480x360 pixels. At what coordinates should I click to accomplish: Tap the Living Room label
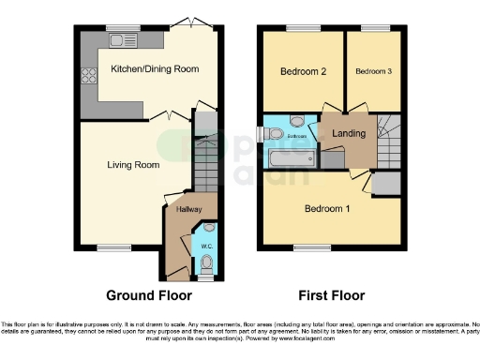pyautogui.click(x=132, y=165)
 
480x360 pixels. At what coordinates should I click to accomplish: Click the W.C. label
pyautogui.click(x=207, y=246)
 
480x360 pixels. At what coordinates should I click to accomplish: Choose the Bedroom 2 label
pyautogui.click(x=303, y=71)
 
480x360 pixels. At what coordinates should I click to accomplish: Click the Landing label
pyautogui.click(x=349, y=134)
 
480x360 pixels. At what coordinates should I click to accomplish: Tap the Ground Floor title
pyautogui.click(x=142, y=295)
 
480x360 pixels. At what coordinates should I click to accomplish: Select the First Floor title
pyautogui.click(x=331, y=295)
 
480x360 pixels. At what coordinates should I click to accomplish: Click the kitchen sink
pyautogui.click(x=123, y=40)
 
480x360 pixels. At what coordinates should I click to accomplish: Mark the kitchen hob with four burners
pyautogui.click(x=91, y=74)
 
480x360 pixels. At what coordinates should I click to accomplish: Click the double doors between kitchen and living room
pyautogui.click(x=168, y=116)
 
